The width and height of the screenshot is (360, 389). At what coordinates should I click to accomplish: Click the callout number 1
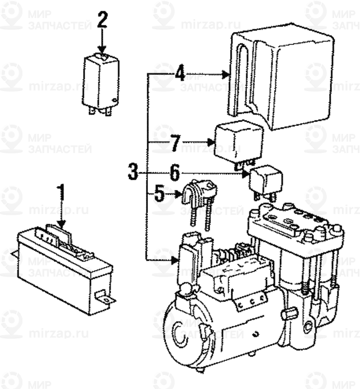coord(62,194)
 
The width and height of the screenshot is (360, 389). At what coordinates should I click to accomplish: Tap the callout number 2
coord(102,21)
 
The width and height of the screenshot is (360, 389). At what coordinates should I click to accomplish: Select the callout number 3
coord(133,171)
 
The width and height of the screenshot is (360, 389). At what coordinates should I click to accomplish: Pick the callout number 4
coord(179,74)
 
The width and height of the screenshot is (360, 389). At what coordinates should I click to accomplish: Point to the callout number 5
coord(160,194)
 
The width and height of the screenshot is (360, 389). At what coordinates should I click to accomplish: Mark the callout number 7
coord(175,144)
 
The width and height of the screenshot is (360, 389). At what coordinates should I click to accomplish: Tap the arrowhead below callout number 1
coord(63,225)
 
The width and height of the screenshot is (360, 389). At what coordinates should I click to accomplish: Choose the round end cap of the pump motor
coord(180,337)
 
